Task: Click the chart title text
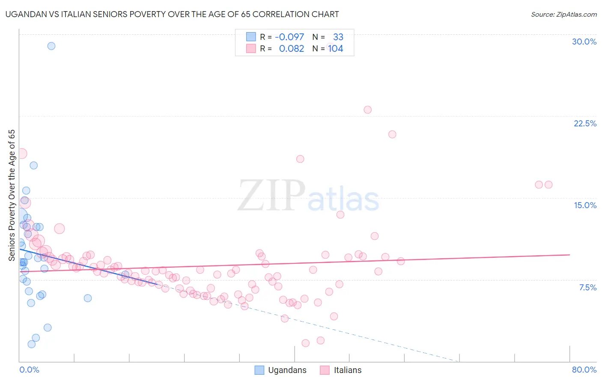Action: pos(172,14)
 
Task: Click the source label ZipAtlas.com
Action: pos(563,15)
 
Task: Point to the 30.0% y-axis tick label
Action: pos(584,42)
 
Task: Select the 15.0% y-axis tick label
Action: pos(585,205)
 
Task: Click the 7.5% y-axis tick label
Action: pos(587,287)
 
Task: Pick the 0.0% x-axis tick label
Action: pos(29,370)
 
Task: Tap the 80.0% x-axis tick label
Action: pos(584,370)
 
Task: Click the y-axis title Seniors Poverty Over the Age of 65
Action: pos(12,195)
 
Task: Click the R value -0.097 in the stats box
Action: pos(289,37)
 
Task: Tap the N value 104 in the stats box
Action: pos(336,48)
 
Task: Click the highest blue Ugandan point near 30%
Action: pos(51,46)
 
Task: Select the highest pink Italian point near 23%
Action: pos(367,110)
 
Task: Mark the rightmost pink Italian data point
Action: pos(548,185)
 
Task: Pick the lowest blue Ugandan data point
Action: pos(31,344)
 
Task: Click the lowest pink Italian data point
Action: pos(305,343)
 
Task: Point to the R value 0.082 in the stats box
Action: pos(291,48)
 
